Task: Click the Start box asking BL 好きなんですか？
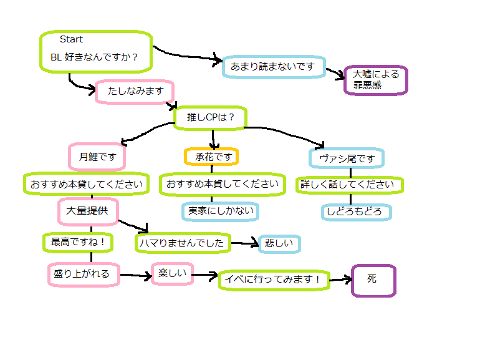coord(96,52)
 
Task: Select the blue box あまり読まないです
coord(273,66)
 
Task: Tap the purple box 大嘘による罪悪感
coord(375,80)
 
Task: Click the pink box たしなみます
coord(135,92)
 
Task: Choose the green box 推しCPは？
coord(210,117)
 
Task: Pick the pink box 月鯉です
coord(97,157)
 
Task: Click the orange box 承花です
coord(212,157)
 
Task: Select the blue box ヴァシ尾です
coord(346,158)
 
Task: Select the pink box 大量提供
coord(87,211)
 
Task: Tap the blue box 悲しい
coord(280,244)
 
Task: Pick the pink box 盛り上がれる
coord(83,274)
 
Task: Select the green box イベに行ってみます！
coord(273,281)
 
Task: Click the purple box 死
coord(373,280)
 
